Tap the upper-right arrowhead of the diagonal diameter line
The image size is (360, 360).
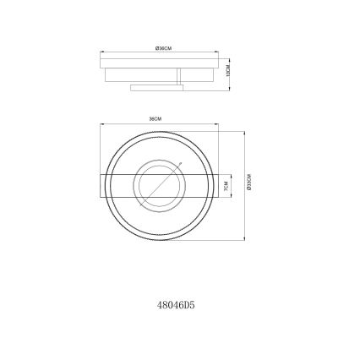point(179,163)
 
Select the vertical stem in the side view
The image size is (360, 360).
point(178,77)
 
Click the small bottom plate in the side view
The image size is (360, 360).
point(155,86)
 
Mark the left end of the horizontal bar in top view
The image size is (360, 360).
point(102,185)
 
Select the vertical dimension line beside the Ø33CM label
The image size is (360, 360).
point(243,184)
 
